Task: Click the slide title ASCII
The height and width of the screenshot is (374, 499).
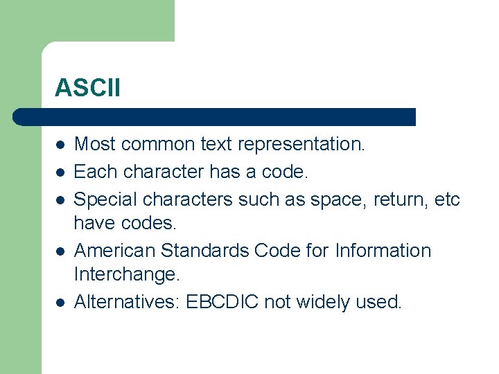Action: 87,88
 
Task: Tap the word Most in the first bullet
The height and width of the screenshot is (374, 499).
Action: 95,144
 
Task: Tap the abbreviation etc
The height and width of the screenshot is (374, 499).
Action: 445,199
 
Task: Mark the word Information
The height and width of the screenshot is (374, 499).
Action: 383,250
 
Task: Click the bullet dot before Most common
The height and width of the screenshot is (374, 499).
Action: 61,145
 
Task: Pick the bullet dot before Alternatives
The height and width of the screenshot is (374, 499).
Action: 61,303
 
